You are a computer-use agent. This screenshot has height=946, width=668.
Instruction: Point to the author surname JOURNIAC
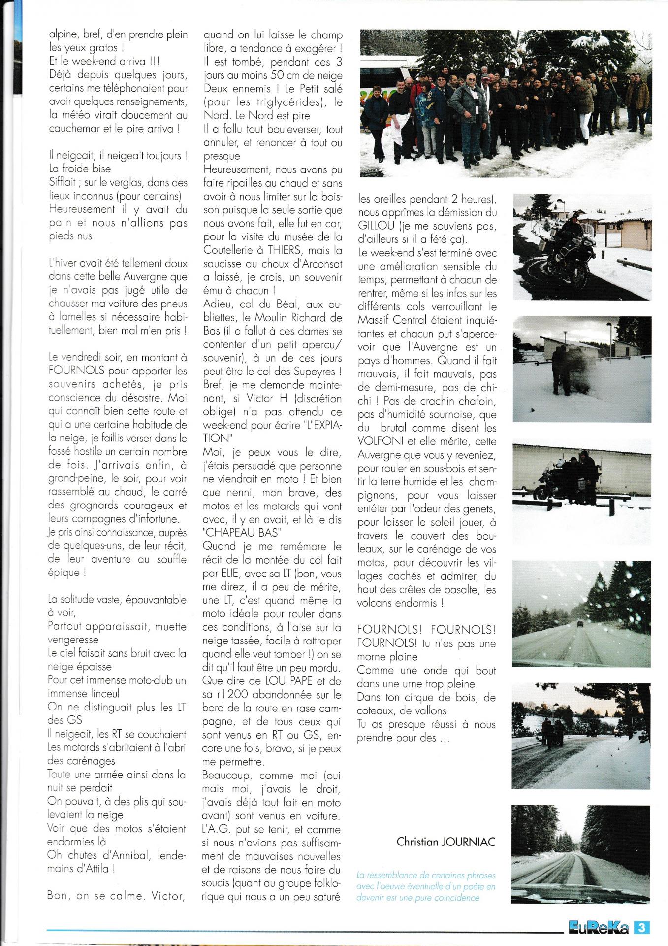pyautogui.click(x=467, y=841)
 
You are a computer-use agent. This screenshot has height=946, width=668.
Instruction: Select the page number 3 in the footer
pyautogui.click(x=641, y=928)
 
